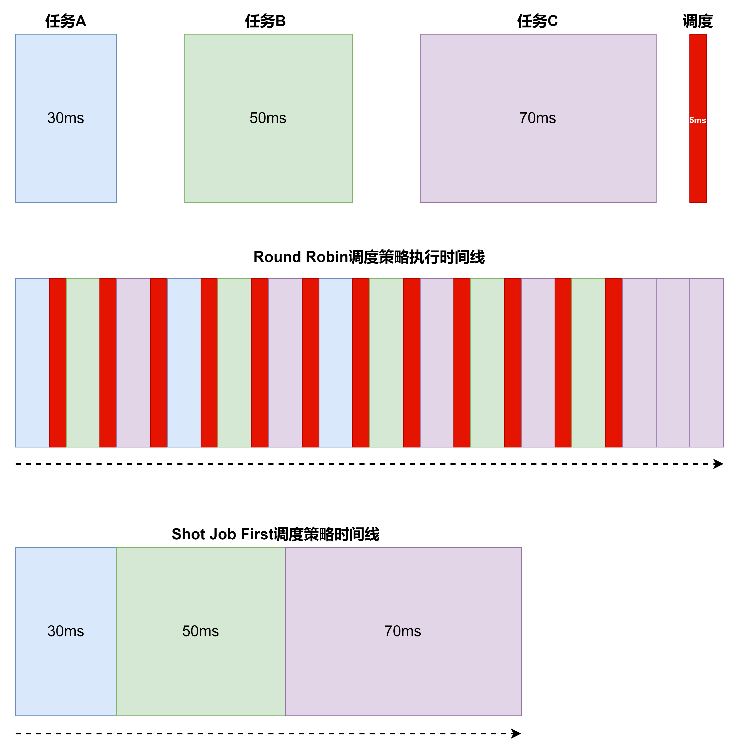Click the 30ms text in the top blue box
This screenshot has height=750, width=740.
pyautogui.click(x=66, y=118)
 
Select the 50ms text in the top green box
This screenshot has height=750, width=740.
pyautogui.click(x=268, y=118)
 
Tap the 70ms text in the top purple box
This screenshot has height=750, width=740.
pyautogui.click(x=537, y=118)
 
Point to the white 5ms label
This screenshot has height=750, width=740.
pyautogui.click(x=698, y=120)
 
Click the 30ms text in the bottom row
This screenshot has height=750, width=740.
pyautogui.click(x=66, y=631)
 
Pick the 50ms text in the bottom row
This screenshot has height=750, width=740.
pyautogui.click(x=200, y=631)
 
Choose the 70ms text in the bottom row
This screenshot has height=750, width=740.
pyautogui.click(x=403, y=631)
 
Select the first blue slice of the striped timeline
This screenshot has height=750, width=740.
pyautogui.click(x=32, y=363)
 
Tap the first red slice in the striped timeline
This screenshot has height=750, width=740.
pyautogui.click(x=58, y=363)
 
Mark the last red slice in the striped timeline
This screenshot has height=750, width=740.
pyautogui.click(x=614, y=363)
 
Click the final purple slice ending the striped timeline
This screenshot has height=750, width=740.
pyautogui.click(x=707, y=363)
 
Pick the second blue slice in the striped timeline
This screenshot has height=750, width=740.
pyautogui.click(x=184, y=363)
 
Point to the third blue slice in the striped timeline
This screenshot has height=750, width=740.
pyautogui.click(x=335, y=363)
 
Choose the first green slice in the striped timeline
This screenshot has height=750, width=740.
pyautogui.click(x=83, y=363)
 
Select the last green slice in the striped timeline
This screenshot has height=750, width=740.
pyautogui.click(x=589, y=363)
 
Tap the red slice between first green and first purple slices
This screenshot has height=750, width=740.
pyautogui.click(x=108, y=363)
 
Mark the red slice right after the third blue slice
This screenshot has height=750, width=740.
pyautogui.click(x=361, y=363)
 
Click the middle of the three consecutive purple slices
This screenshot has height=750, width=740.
pyautogui.click(x=673, y=363)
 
